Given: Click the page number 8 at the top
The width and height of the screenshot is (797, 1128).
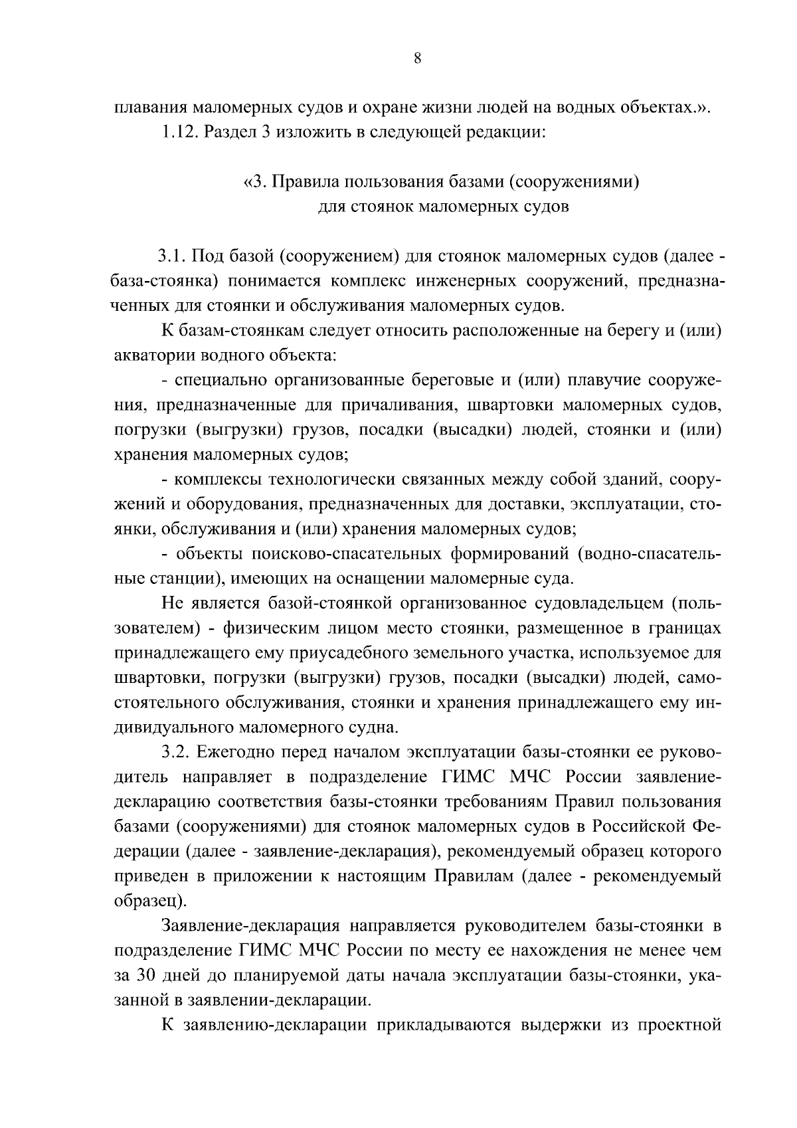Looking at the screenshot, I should tap(417, 58).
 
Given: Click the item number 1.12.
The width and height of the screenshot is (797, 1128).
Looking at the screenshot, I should tap(179, 131).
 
